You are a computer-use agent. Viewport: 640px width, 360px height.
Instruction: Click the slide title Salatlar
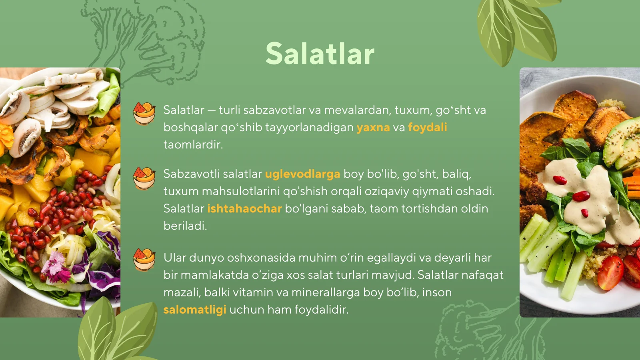click(x=320, y=54)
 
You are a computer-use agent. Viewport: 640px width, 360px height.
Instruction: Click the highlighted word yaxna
click(x=373, y=127)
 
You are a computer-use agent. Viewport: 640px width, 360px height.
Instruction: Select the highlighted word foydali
click(x=427, y=127)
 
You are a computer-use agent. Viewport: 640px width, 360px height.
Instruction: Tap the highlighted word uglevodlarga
click(x=302, y=174)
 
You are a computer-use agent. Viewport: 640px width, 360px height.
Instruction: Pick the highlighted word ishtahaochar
click(x=244, y=208)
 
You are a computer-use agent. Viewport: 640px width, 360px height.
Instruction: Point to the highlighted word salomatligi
click(x=195, y=310)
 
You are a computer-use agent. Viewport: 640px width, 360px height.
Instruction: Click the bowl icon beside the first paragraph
click(x=144, y=113)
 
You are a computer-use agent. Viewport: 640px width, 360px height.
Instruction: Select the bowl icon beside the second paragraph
click(x=144, y=178)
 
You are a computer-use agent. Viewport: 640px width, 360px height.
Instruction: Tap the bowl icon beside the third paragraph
click(x=144, y=260)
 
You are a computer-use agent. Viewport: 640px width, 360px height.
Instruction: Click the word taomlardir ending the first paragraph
click(x=193, y=144)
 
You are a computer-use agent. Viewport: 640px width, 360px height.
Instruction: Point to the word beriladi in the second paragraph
click(x=185, y=226)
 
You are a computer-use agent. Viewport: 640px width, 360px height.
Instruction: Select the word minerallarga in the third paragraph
click(x=326, y=292)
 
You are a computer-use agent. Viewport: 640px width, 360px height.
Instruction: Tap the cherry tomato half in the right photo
click(x=610, y=272)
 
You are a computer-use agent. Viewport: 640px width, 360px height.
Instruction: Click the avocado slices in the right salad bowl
click(x=622, y=144)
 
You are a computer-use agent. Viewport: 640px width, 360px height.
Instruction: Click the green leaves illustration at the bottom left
click(x=116, y=332)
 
